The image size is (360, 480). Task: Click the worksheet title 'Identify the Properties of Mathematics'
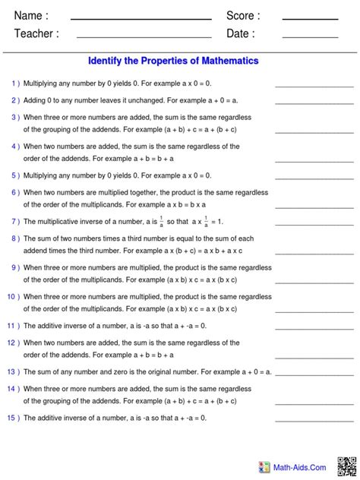[173, 61]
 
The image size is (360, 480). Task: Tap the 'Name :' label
[31, 16]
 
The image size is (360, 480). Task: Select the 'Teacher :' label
[36, 33]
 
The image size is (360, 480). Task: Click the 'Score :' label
[243, 16]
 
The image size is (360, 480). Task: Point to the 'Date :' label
[241, 33]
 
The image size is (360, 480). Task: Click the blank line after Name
[141, 19]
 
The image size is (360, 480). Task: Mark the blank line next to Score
[310, 19]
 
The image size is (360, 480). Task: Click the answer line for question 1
[304, 87]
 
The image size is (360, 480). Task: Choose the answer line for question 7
[304, 226]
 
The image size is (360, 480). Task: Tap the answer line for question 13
[304, 376]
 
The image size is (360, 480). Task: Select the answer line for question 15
[304, 422]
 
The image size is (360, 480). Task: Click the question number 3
[14, 117]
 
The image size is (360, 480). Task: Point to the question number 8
[14, 238]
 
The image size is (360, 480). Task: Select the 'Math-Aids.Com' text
[301, 468]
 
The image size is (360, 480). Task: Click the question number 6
[14, 193]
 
